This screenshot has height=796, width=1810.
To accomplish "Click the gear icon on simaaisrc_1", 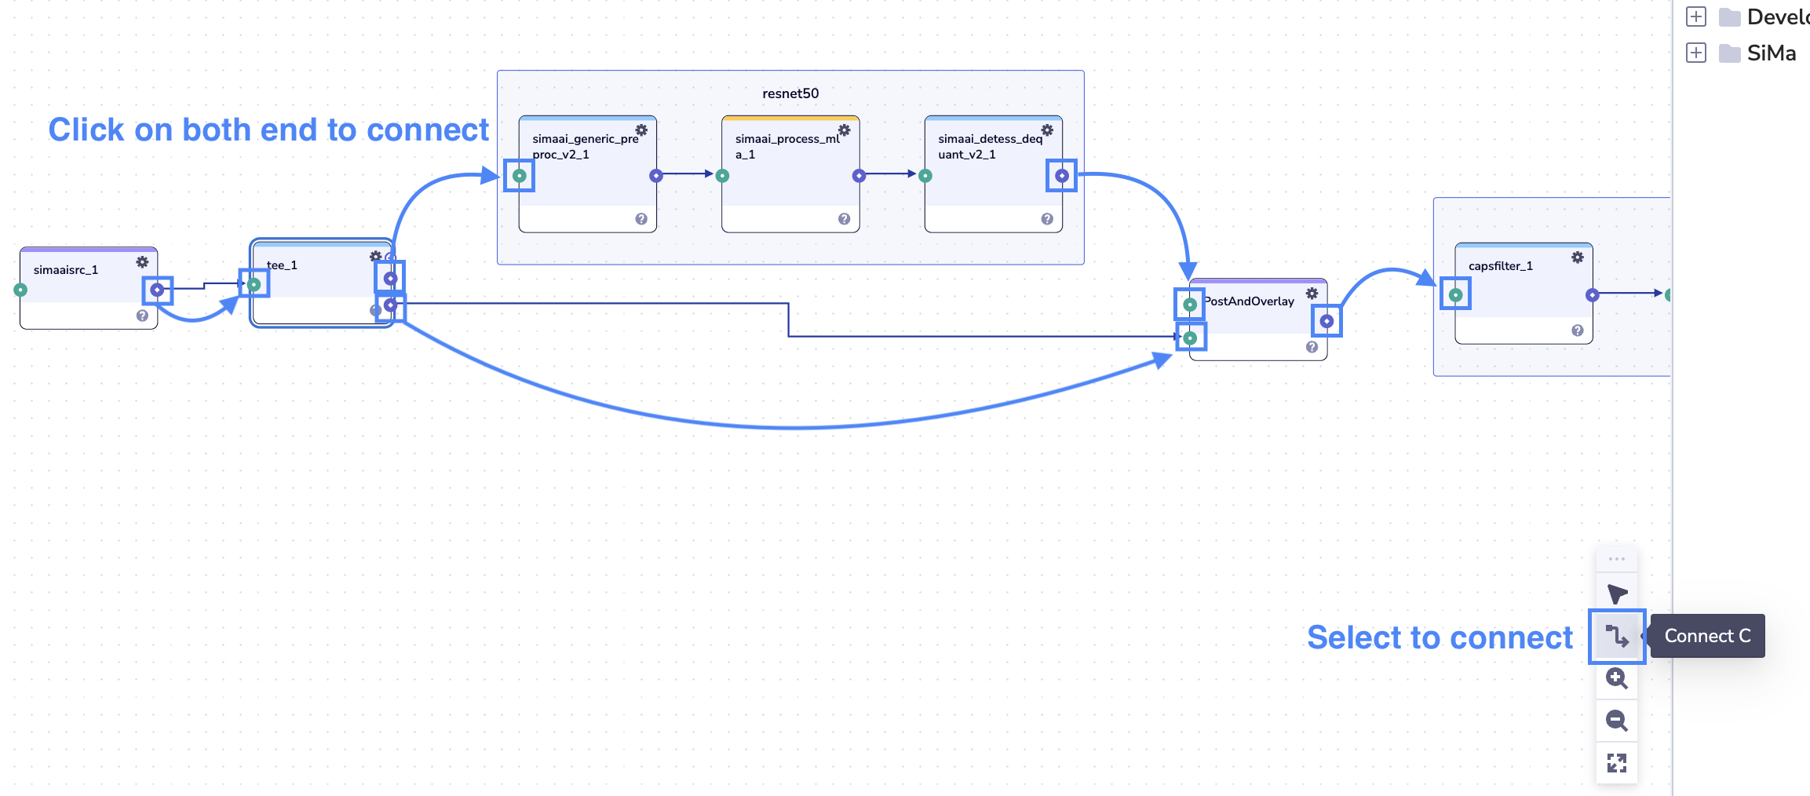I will [142, 261].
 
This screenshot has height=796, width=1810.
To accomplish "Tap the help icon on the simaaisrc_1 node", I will [142, 316].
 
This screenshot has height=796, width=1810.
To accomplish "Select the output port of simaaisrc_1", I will [157, 290].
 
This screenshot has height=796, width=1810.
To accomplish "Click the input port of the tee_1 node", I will [254, 284].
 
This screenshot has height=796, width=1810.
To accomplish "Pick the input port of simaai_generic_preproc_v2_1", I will [520, 176].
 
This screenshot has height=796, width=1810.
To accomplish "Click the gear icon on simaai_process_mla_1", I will [845, 130].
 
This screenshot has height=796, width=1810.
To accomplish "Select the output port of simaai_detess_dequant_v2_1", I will [1061, 176].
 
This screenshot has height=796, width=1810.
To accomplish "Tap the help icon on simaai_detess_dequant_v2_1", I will [1047, 219].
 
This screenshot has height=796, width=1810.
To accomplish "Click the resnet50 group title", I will [790, 93].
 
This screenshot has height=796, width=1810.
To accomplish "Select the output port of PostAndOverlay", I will [1326, 321].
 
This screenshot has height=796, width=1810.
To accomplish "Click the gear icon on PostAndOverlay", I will [1312, 294].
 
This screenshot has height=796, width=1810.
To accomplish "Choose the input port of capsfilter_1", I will [1456, 295].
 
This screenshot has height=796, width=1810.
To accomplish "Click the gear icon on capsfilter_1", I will [1578, 257].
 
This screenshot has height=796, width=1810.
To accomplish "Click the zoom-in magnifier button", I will [1616, 678].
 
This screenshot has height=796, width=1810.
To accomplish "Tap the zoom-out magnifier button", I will [1616, 721].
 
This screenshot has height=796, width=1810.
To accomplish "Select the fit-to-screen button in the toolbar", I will [1616, 763].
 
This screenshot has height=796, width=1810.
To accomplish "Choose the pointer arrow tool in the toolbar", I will [1616, 594].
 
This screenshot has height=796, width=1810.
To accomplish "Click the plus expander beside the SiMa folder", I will [1696, 53].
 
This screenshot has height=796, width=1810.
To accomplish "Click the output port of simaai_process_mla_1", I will [859, 176].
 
